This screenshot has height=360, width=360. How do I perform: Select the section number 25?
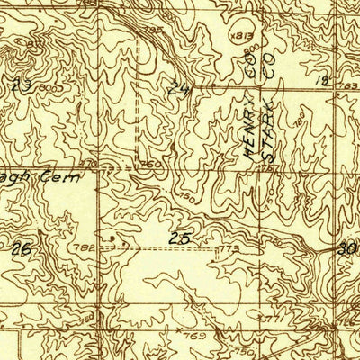178,238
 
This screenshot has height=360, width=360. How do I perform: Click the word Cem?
72,178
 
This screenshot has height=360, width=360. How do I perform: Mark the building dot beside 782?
110,238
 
